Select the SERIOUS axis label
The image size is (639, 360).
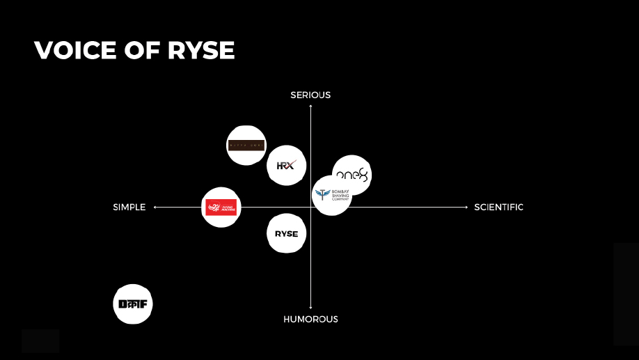tap(310, 95)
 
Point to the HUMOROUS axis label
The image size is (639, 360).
tap(310, 319)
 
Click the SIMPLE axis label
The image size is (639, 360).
tap(129, 207)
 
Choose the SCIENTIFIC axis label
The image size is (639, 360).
tap(498, 207)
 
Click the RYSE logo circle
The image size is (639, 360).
tap(286, 233)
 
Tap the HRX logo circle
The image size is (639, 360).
tap(286, 165)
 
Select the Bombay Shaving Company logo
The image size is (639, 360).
tap(332, 195)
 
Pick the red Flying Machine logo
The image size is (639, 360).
tap(221, 207)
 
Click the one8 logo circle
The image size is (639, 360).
tap(352, 174)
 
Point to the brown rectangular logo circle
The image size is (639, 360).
tap(246, 146)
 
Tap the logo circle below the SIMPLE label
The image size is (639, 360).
tap(132, 304)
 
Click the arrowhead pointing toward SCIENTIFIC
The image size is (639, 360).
tap(466, 207)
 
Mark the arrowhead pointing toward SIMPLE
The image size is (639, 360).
tap(155, 207)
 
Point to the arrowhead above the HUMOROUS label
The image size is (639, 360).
tap(310, 307)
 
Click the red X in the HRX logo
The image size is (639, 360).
tap(291, 165)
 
